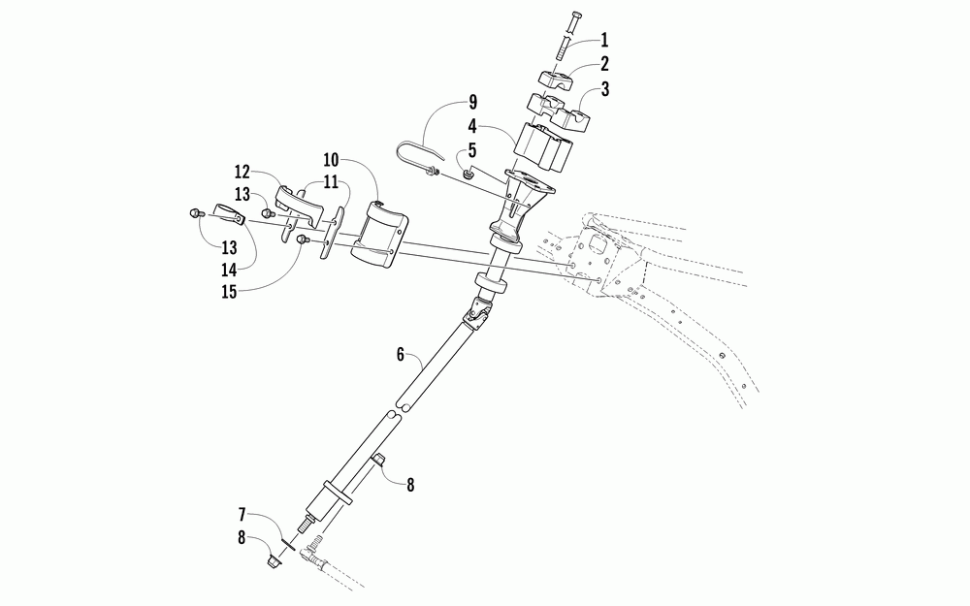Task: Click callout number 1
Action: [604, 41]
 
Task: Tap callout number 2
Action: [604, 65]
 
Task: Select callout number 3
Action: [604, 91]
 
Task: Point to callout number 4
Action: [472, 125]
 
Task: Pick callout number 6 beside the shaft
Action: [400, 355]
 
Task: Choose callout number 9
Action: [472, 102]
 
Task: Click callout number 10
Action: [332, 158]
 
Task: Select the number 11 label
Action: [332, 181]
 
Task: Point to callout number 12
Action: [242, 173]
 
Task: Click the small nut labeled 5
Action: [469, 175]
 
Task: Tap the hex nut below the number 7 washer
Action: [274, 560]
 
